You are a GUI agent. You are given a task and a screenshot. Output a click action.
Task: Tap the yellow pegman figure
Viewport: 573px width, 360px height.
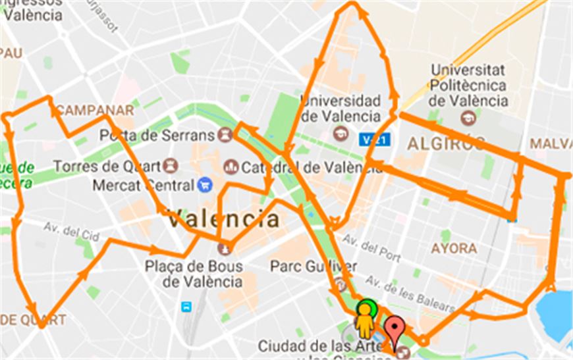(364, 320)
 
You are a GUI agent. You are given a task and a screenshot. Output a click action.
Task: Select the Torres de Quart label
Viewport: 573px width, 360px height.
(107, 166)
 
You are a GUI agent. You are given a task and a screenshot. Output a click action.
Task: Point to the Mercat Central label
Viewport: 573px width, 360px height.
(143, 185)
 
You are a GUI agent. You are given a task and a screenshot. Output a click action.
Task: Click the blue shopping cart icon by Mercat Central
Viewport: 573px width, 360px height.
(205, 185)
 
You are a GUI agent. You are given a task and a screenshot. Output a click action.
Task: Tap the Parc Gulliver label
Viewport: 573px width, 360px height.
(314, 267)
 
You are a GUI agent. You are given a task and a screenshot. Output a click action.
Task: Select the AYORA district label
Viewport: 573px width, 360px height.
(453, 249)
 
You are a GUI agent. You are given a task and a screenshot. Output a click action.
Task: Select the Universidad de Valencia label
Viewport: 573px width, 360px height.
(341, 109)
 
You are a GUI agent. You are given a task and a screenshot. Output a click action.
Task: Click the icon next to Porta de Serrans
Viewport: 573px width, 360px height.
(225, 135)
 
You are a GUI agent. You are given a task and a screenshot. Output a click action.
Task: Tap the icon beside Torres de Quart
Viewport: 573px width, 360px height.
(171, 165)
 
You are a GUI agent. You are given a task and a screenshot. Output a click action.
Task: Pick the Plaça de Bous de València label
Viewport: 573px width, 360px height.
(194, 274)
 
